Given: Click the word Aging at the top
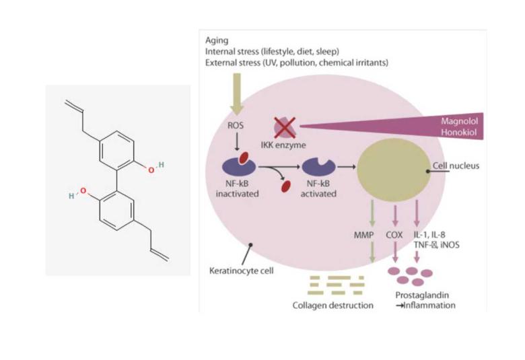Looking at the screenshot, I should [x=217, y=40].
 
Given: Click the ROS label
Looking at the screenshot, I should [x=238, y=124].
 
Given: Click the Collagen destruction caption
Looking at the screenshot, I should [x=332, y=305].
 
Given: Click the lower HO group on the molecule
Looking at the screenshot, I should [x=79, y=194].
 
